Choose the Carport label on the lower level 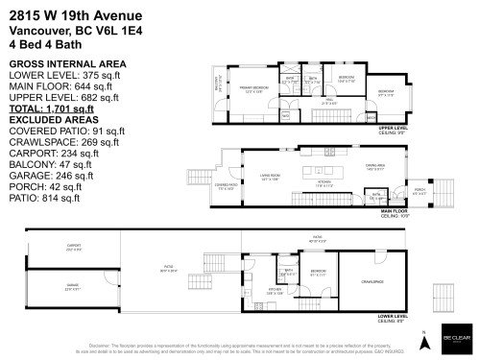tap(74, 247)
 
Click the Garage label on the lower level tap(72, 285)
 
